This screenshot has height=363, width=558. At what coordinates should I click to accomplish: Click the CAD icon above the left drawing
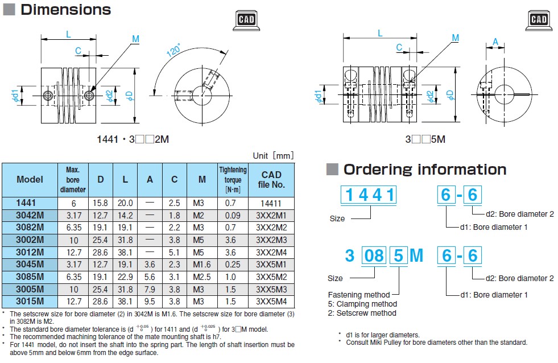click(246, 20)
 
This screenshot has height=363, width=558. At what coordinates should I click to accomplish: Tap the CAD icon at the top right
click(539, 20)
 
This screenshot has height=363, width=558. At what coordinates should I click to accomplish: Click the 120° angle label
click(173, 51)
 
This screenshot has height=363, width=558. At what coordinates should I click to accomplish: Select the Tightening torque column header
click(233, 180)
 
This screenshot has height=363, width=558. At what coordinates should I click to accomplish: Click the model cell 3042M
click(30, 215)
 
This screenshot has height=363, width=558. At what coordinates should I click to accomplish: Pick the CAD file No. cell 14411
click(271, 203)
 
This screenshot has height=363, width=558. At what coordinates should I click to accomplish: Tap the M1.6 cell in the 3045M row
click(202, 265)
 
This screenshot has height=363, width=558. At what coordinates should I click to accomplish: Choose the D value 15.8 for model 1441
click(100, 203)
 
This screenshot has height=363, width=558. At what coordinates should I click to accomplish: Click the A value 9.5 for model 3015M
click(150, 302)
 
